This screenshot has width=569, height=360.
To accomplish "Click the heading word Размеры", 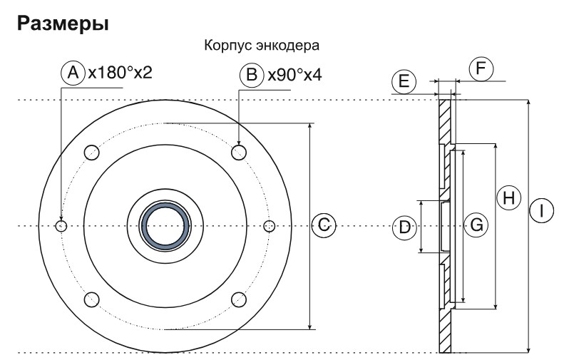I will [x=63, y=24].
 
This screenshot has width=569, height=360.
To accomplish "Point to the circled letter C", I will [x=323, y=226].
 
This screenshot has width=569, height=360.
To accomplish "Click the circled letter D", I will [x=404, y=227].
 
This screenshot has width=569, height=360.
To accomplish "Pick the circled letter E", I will [x=403, y=81].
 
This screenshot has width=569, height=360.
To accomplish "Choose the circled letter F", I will [x=481, y=69].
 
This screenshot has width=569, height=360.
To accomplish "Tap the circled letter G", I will [x=476, y=225].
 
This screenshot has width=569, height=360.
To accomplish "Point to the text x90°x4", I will [x=294, y=74].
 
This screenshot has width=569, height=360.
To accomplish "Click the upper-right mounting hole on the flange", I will [x=240, y=152].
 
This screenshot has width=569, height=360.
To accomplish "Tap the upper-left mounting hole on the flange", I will [x=91, y=152].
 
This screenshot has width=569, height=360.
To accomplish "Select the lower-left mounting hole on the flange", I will [x=91, y=300].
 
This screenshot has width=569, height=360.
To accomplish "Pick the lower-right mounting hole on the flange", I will [x=240, y=300].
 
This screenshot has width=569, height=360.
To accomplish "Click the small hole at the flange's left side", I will [x=61, y=226].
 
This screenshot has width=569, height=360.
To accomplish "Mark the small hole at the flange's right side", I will [x=269, y=226].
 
